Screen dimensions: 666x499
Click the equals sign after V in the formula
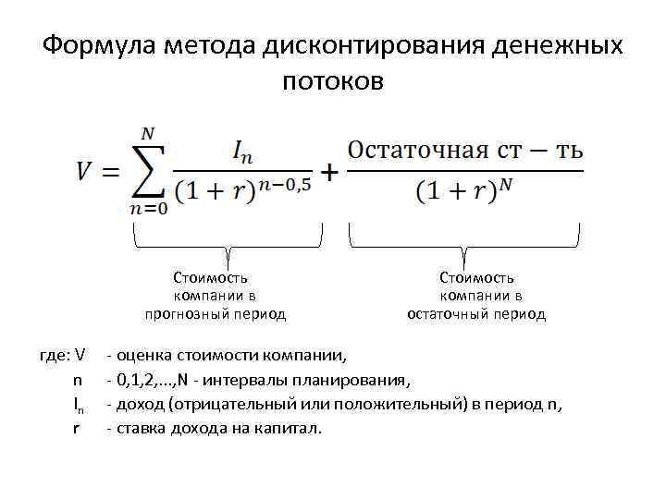click(113, 173)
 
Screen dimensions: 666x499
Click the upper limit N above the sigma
click(147, 134)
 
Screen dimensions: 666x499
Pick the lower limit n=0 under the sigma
click(147, 209)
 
